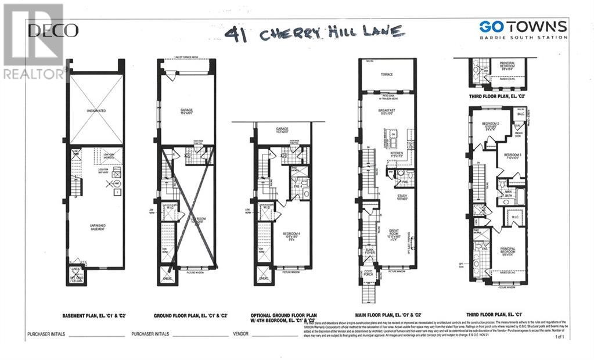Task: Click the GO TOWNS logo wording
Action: (x=523, y=27)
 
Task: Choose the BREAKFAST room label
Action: (x=387, y=110)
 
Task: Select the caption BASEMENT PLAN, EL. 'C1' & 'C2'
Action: (x=95, y=316)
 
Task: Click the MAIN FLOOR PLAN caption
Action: (x=393, y=316)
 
